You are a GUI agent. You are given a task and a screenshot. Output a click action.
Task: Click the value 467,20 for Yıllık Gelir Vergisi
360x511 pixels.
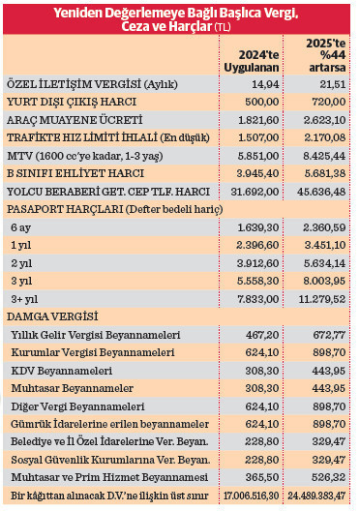[263, 334]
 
